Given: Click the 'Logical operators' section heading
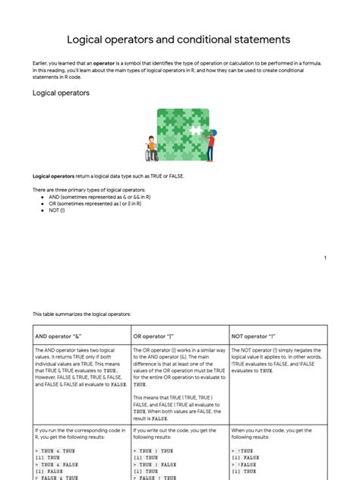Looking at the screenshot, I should click(x=61, y=93).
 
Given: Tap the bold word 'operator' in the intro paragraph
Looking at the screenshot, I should click(x=106, y=63).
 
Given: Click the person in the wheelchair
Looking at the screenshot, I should click(x=152, y=150).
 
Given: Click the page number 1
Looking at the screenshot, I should click(x=325, y=258).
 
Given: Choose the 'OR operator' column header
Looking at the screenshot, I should click(x=159, y=335).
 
